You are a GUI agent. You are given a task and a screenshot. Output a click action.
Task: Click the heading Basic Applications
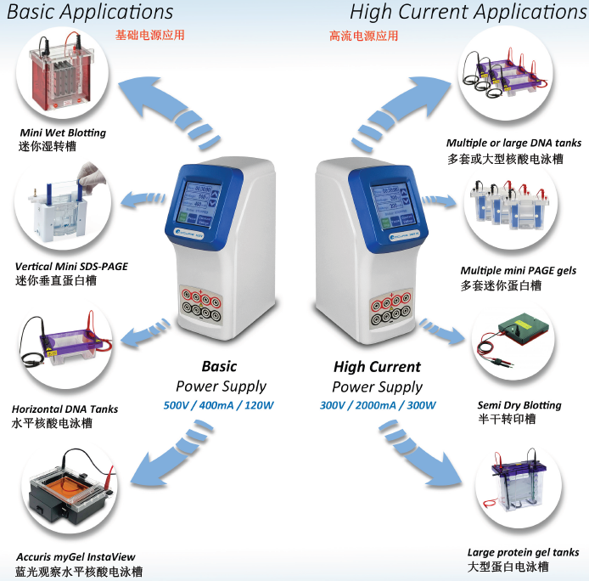(90, 12)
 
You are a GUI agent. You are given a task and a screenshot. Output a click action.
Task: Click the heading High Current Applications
(468, 12)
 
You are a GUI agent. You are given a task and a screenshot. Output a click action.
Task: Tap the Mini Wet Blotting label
(63, 133)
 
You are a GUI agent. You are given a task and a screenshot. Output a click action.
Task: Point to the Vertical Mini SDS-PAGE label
(71, 267)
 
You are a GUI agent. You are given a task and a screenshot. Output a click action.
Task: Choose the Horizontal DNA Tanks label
(65, 409)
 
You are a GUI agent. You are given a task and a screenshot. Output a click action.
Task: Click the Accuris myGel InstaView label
(76, 557)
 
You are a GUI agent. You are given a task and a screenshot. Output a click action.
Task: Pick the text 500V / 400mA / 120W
(219, 405)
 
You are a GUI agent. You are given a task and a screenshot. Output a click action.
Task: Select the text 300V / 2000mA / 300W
(378, 405)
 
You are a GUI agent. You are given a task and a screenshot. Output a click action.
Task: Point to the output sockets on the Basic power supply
(202, 305)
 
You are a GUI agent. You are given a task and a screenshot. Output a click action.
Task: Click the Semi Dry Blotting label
(519, 405)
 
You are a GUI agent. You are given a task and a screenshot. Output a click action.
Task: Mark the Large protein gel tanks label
(524, 552)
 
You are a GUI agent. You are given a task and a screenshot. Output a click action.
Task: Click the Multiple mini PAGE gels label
(519, 271)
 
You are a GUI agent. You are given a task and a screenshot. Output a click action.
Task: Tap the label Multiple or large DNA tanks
(513, 143)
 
